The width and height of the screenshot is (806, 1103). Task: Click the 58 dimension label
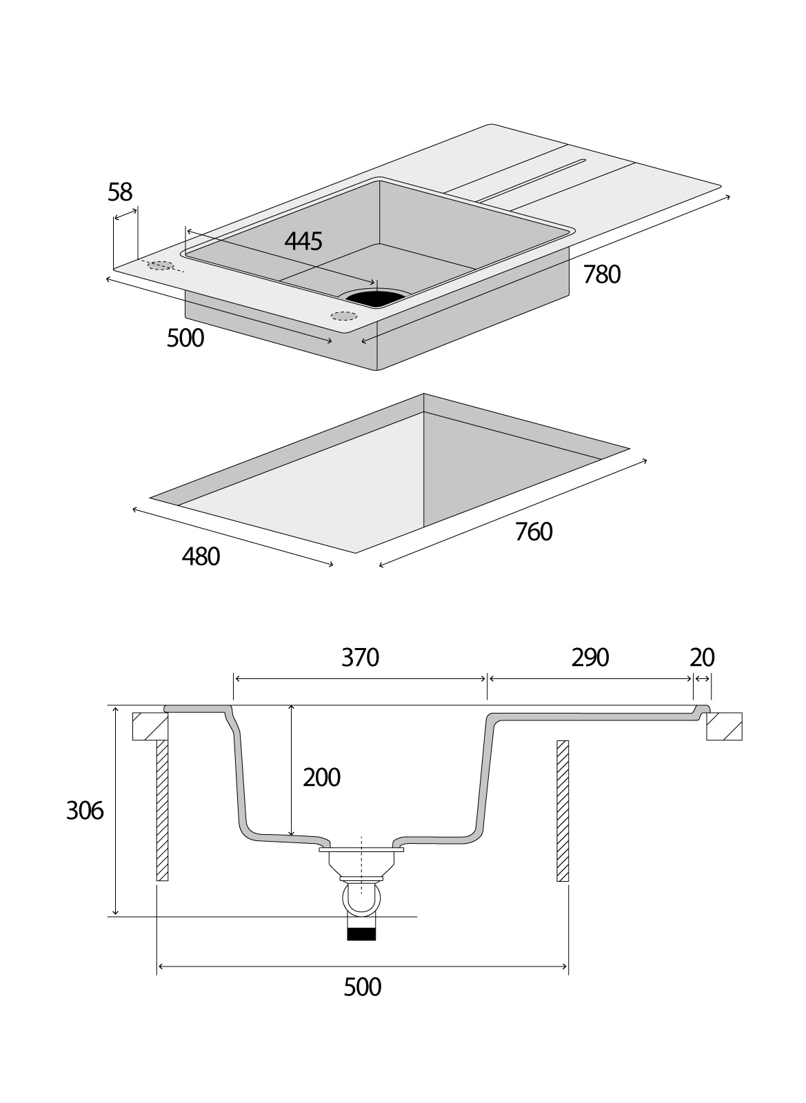[x=120, y=192]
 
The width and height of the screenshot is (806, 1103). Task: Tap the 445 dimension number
[x=303, y=241]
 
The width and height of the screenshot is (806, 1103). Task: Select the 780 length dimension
[x=602, y=274]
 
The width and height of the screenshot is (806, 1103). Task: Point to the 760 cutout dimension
[x=534, y=532]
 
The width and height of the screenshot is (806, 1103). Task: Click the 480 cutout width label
[x=201, y=556]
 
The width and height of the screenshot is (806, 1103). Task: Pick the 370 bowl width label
[x=361, y=658]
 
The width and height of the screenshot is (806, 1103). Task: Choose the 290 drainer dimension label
[x=590, y=658]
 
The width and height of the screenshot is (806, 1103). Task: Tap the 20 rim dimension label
[x=702, y=658]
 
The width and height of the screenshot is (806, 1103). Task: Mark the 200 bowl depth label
[x=322, y=778]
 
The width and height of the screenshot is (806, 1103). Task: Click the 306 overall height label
[x=85, y=811]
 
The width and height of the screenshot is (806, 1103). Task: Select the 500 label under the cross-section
[x=362, y=987]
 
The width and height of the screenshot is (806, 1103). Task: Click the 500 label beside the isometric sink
[x=185, y=338]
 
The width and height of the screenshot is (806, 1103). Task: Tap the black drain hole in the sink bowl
[x=374, y=298]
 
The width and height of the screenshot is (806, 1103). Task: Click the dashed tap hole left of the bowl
[x=161, y=265]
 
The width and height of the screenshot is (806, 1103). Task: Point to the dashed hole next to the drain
[x=343, y=316]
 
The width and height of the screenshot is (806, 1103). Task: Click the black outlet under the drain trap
[x=361, y=935]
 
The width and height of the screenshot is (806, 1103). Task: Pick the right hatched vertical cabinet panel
[x=563, y=811]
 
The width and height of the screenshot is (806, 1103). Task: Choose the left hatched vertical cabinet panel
[x=162, y=811]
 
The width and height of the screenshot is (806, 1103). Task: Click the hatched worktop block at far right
[x=724, y=726]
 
